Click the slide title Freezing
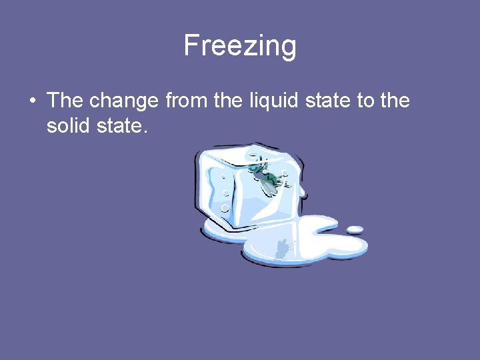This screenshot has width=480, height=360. pyautogui.click(x=240, y=46)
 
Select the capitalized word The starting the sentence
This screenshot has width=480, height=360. pyautogui.click(x=65, y=101)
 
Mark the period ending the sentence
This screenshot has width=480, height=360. pyautogui.click(x=144, y=131)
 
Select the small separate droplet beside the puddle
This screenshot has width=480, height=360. pyautogui.click(x=355, y=230)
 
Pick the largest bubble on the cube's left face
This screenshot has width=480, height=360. pyautogui.click(x=225, y=208)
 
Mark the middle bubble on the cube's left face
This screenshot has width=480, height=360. pyautogui.click(x=225, y=193)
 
